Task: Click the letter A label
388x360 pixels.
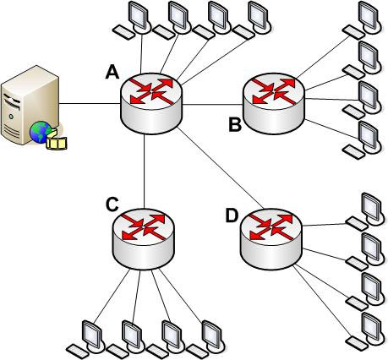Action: pos(112,72)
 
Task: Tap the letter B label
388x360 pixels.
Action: pos(235,125)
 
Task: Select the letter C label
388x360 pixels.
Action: pos(112,205)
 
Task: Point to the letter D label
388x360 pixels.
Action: pos(232,216)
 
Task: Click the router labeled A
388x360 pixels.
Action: pos(151,103)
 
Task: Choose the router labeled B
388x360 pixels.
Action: pos(274,103)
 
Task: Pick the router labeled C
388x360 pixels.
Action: pos(144,239)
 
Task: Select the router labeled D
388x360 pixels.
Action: pos(271,239)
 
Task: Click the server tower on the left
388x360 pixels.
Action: pos(30,105)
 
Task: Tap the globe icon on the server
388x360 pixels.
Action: pos(41,132)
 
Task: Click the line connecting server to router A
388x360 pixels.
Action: pos(90,104)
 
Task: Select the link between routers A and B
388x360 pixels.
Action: pos(213,105)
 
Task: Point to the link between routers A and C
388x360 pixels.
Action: pos(145,172)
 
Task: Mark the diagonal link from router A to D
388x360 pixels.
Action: pos(221,168)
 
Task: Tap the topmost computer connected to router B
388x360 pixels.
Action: pos(363,19)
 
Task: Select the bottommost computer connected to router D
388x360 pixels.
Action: pos(365,331)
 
